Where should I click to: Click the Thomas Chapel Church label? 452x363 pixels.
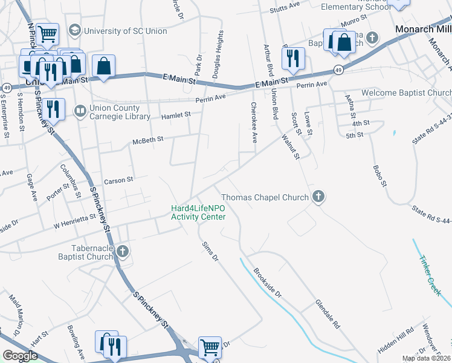[265, 197]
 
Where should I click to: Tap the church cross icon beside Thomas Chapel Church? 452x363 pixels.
[318, 197]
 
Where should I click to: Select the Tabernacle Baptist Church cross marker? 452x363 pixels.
[123, 251]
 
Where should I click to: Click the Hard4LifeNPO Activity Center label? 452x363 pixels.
[198, 212]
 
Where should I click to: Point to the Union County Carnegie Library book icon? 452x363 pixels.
[79, 111]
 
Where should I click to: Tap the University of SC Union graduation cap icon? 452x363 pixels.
[76, 30]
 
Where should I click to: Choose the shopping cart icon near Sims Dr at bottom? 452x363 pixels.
[210, 347]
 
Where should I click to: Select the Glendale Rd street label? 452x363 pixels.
[327, 313]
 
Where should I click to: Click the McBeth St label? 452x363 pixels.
[148, 140]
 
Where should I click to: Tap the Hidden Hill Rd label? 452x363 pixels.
[396, 341]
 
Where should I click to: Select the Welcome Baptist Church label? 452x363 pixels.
[406, 93]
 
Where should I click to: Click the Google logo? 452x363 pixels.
[20, 355]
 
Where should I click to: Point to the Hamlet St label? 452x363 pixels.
[175, 114]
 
